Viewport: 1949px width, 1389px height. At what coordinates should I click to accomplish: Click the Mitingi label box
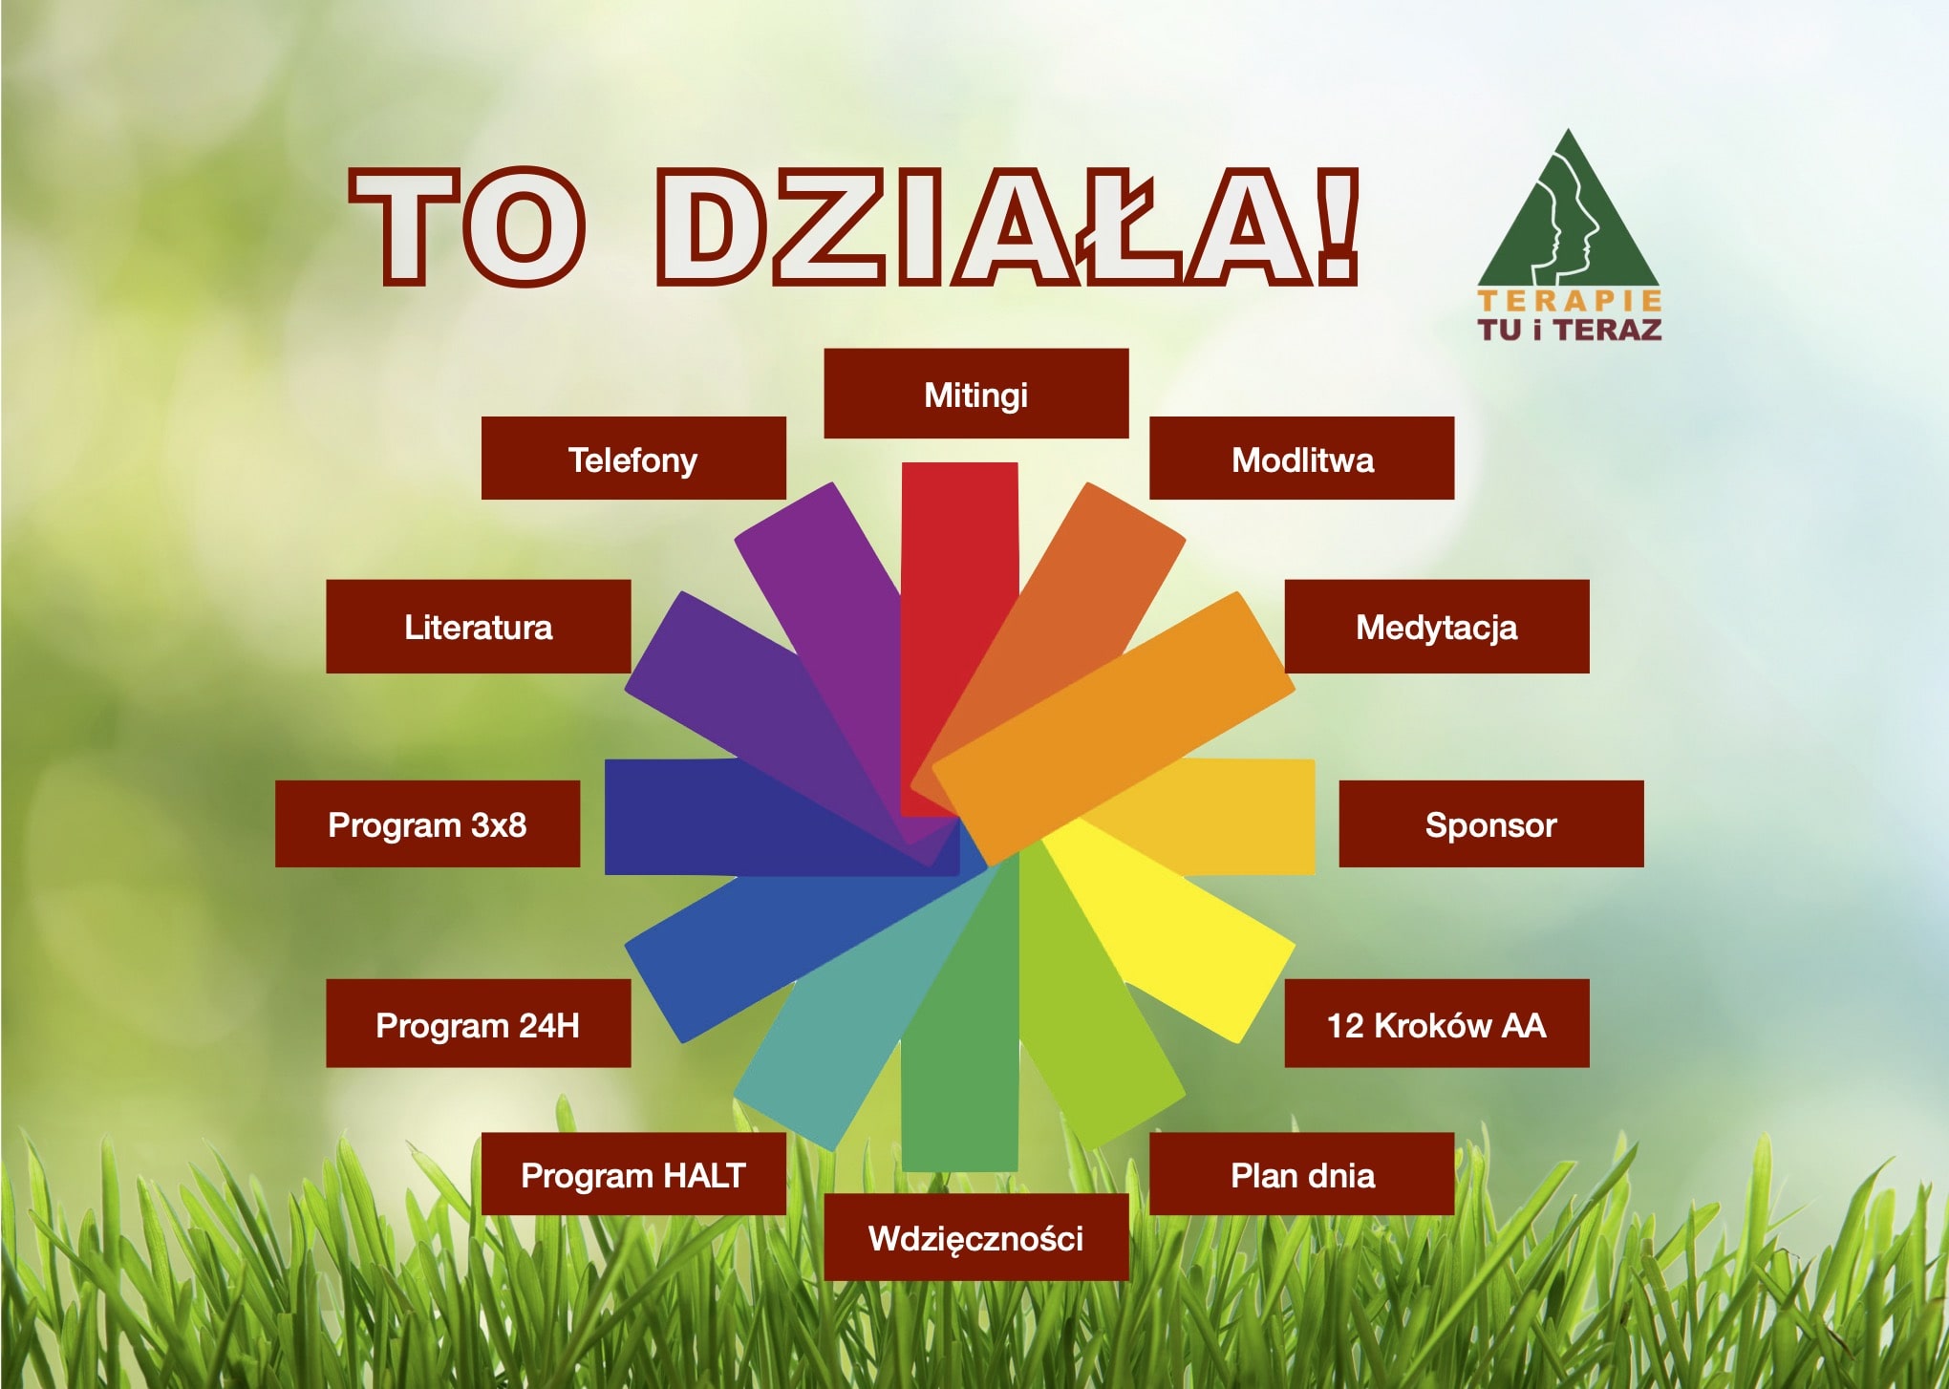coord(975,394)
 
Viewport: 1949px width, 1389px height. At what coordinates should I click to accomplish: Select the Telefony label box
coord(633,458)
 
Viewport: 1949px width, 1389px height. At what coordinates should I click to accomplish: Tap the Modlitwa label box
coord(1301,458)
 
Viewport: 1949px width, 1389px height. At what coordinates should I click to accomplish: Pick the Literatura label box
coord(479,627)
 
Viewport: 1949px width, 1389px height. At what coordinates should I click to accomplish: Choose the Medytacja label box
coord(1437,627)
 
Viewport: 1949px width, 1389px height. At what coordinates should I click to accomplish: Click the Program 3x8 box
coord(427,823)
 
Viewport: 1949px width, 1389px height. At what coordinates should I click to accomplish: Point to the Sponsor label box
coord(1491,823)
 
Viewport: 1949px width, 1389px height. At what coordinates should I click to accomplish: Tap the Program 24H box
coord(479,1023)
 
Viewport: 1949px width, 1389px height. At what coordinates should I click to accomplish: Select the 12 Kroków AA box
coord(1437,1023)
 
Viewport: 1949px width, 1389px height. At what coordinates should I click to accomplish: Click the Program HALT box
coord(633,1174)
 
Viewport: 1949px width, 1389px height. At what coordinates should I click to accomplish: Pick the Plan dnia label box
coord(1301,1174)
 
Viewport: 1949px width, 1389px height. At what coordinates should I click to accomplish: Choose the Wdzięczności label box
coord(975,1237)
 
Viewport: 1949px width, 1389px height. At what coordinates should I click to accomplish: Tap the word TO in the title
coord(467,227)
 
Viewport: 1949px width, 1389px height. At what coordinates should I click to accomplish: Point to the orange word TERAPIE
coord(1570,301)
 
